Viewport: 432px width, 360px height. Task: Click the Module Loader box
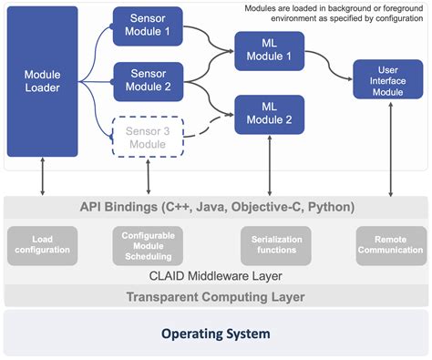point(43,81)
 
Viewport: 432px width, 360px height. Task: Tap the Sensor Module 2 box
point(148,81)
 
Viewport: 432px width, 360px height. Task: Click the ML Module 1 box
point(269,51)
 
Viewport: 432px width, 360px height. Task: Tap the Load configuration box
point(43,245)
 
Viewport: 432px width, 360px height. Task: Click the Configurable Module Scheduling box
point(148,245)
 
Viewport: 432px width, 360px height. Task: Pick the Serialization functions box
point(270,245)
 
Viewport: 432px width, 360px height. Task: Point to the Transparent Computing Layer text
point(215,296)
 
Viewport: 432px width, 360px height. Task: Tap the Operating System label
point(215,334)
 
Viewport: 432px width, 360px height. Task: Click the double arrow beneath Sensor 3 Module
point(148,176)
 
